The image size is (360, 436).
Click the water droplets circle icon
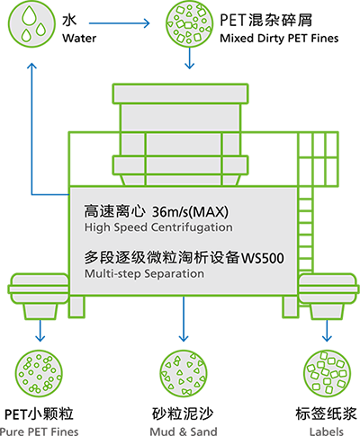pos(31,23)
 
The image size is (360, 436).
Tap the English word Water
pos(79,38)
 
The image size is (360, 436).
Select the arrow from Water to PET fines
pos(120,23)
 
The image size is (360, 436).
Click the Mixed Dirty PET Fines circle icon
pos(189,23)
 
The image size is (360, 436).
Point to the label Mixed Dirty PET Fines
pos(279,38)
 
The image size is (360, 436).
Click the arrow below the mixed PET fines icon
pos(189,58)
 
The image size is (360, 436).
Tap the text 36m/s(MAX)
pos(190,212)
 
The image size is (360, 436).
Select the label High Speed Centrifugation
pos(158,227)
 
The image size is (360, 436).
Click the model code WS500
pos(263,258)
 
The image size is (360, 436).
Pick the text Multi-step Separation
pos(144,273)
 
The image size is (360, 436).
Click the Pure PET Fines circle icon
pos(39,373)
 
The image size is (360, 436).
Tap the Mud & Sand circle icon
pos(184,373)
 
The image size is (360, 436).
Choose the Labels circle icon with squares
pos(327,373)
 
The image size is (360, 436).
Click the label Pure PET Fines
pos(40,432)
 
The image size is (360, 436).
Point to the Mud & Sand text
pos(184,432)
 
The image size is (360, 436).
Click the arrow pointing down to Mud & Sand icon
pos(184,319)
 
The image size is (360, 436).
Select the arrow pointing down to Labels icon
pos(327,331)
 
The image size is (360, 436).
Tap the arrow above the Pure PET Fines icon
pos(40,331)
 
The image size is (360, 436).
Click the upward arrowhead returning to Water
pos(31,66)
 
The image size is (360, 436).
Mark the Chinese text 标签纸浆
pos(326,414)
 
